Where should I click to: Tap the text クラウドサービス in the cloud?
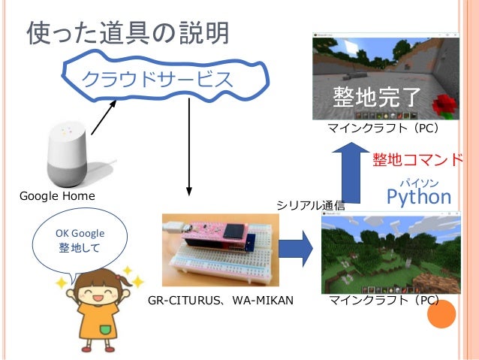(x=157, y=79)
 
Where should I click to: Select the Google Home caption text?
(x=57, y=196)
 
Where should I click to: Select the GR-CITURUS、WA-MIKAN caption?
(x=220, y=301)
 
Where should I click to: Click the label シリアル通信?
(x=311, y=205)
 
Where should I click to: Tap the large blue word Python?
(x=418, y=197)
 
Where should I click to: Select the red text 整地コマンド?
(x=417, y=161)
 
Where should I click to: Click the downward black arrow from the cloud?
(x=188, y=147)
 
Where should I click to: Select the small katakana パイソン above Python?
(x=418, y=182)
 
